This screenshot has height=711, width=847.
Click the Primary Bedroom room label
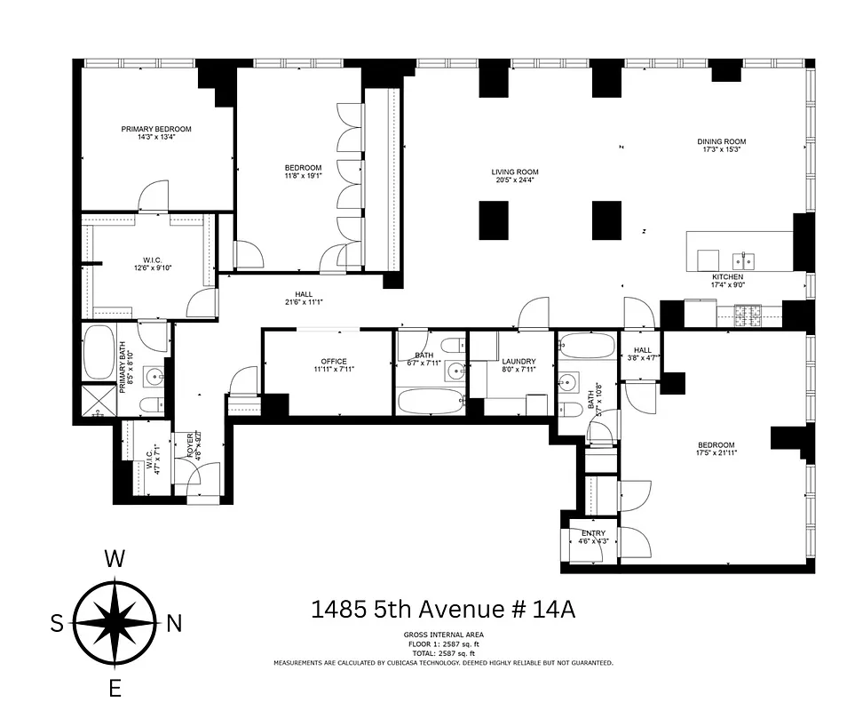156,129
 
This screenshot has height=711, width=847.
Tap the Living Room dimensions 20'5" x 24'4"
515,180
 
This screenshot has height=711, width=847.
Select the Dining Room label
721,141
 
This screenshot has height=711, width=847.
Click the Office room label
333,361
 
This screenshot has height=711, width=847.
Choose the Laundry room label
518,361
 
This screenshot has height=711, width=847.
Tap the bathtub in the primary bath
97,356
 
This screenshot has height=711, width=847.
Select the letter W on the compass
114,558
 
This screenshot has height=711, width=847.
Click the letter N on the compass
174,624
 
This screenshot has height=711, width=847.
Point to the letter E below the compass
115,688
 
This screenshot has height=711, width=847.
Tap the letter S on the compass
57,624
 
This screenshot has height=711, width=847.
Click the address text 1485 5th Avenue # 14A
442,610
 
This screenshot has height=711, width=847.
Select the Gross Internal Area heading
442,635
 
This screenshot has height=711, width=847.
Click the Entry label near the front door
594,533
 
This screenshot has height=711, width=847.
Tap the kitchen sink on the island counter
743,260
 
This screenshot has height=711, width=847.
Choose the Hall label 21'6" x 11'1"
304,295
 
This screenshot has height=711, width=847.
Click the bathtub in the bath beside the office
430,401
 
